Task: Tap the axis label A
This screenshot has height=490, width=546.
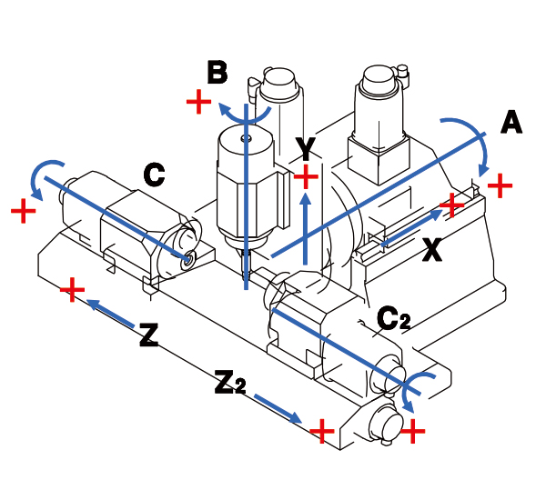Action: (511, 123)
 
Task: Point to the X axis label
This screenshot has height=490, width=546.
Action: (433, 250)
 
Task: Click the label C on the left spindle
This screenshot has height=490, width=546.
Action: (154, 174)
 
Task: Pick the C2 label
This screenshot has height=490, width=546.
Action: (394, 318)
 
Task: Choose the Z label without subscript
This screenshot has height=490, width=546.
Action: (150, 335)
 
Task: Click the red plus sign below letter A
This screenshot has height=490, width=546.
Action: (499, 185)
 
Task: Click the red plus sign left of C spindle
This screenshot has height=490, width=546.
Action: (24, 212)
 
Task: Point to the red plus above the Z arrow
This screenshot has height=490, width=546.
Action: (71, 290)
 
